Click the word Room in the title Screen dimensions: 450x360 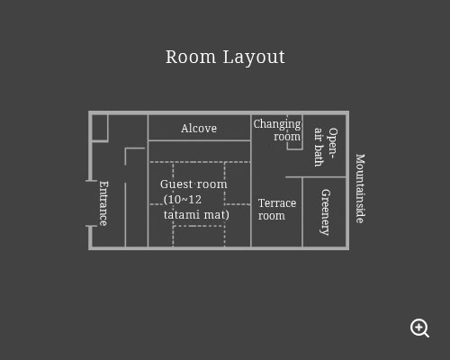click(x=191, y=57)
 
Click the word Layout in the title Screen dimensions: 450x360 click(x=254, y=58)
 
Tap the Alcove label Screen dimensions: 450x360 click(x=199, y=129)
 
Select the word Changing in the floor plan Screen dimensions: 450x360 click(x=277, y=124)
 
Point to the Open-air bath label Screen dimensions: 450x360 click(x=326, y=147)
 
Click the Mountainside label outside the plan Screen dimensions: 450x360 click(x=360, y=188)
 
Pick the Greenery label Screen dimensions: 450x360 click(x=326, y=212)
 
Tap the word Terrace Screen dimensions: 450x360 click(x=277, y=203)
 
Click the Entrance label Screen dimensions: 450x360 click(x=103, y=203)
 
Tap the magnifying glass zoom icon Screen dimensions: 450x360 click(x=419, y=328)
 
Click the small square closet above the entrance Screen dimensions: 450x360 click(x=99, y=128)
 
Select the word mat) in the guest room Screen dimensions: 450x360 click(x=217, y=215)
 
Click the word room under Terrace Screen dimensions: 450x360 click(x=272, y=216)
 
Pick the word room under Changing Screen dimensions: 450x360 click(x=287, y=137)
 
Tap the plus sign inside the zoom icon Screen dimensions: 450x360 click(x=418, y=327)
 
